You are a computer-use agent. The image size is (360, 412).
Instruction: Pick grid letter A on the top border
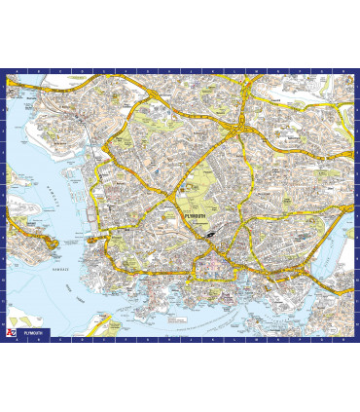[17, 72]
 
